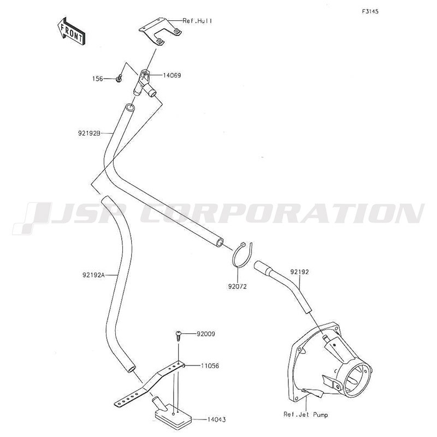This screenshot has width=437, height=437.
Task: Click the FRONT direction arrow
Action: pos(71,31)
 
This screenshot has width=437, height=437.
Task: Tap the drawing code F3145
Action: pos(370,11)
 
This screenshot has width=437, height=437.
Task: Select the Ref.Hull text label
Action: pos(197,21)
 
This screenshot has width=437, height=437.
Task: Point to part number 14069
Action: pos(172,75)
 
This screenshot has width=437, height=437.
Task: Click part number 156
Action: pos(98,79)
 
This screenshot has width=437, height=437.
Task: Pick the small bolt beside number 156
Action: pos(119,79)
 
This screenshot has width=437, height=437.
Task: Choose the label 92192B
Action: pos(89,133)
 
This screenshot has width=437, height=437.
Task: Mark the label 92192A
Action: pos(93,275)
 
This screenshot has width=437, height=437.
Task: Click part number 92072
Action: pos(238,286)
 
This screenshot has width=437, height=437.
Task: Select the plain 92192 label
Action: pos(299,271)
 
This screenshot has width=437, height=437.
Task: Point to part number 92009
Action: pos(206,334)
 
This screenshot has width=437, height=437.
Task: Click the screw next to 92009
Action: pos(179,336)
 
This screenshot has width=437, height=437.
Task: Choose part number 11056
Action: pos(210,365)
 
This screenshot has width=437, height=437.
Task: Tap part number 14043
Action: pos(216,420)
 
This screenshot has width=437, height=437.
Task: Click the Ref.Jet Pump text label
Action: pos(306,415)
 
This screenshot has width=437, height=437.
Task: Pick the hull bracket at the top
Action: pos(161,31)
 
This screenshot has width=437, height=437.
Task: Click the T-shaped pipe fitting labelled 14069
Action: pos(144,84)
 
